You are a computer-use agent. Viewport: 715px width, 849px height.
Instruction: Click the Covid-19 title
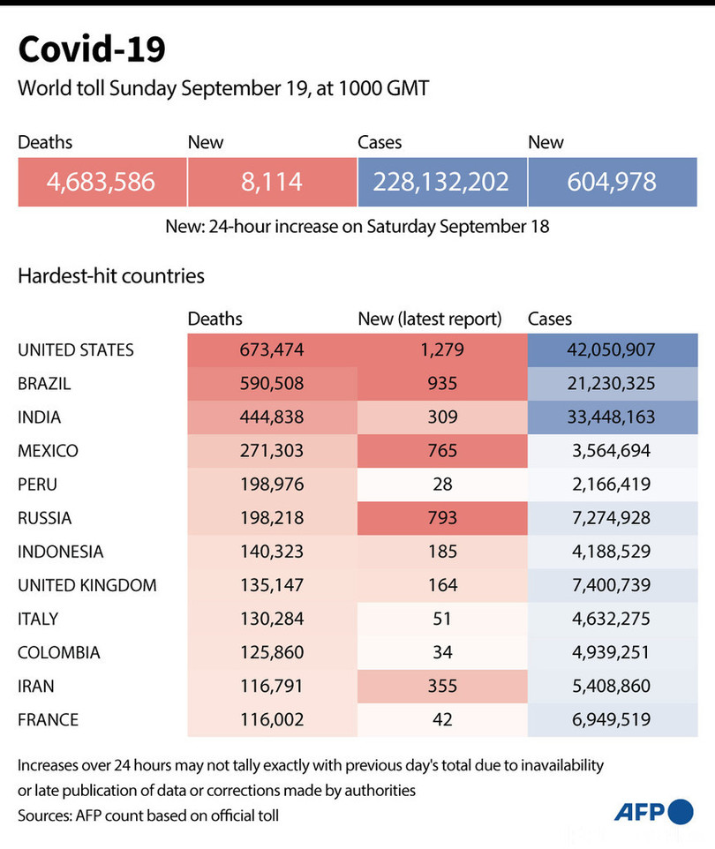(92, 50)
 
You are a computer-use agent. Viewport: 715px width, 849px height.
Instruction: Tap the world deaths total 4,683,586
(102, 182)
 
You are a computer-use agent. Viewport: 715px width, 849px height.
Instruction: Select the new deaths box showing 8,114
(272, 182)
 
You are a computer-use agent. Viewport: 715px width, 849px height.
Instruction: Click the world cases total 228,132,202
(441, 182)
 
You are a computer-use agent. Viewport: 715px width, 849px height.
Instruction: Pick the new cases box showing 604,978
(613, 182)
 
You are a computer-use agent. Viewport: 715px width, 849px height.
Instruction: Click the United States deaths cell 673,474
(272, 350)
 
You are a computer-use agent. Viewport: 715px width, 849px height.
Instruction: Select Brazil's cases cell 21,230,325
(613, 384)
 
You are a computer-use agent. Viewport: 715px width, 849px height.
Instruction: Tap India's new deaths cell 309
(441, 417)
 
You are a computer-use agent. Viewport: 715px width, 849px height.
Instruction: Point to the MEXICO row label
(48, 451)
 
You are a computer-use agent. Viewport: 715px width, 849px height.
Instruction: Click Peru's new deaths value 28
(441, 485)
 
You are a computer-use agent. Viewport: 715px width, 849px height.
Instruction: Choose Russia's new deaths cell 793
(441, 518)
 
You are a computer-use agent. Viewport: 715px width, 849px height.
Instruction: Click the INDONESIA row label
(60, 552)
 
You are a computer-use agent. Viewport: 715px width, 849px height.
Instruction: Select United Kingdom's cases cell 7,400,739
(613, 585)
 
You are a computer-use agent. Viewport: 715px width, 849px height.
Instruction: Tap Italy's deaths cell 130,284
(272, 619)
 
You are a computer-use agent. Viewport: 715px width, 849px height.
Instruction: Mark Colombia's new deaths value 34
(441, 652)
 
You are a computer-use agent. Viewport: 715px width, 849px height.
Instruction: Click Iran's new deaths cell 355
(441, 686)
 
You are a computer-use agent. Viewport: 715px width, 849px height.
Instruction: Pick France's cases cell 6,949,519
(613, 719)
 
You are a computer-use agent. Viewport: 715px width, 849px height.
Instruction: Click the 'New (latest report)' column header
(429, 319)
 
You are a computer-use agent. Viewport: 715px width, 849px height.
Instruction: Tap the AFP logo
(653, 812)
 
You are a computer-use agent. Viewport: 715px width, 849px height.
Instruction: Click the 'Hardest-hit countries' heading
(111, 276)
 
